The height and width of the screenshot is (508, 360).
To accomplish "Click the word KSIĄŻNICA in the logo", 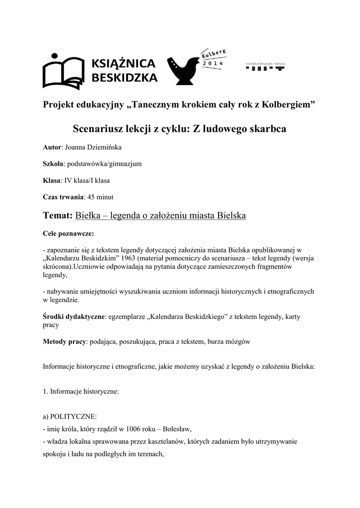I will pos(124,63).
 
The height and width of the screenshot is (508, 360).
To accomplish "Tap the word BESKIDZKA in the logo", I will pos(125,77).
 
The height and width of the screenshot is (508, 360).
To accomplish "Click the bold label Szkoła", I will pos(53,164).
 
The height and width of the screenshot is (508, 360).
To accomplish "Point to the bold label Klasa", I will pos(51,181).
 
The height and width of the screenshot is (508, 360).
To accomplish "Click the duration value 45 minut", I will pos(100,197).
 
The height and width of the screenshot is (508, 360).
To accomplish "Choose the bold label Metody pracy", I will pos(65,342).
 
